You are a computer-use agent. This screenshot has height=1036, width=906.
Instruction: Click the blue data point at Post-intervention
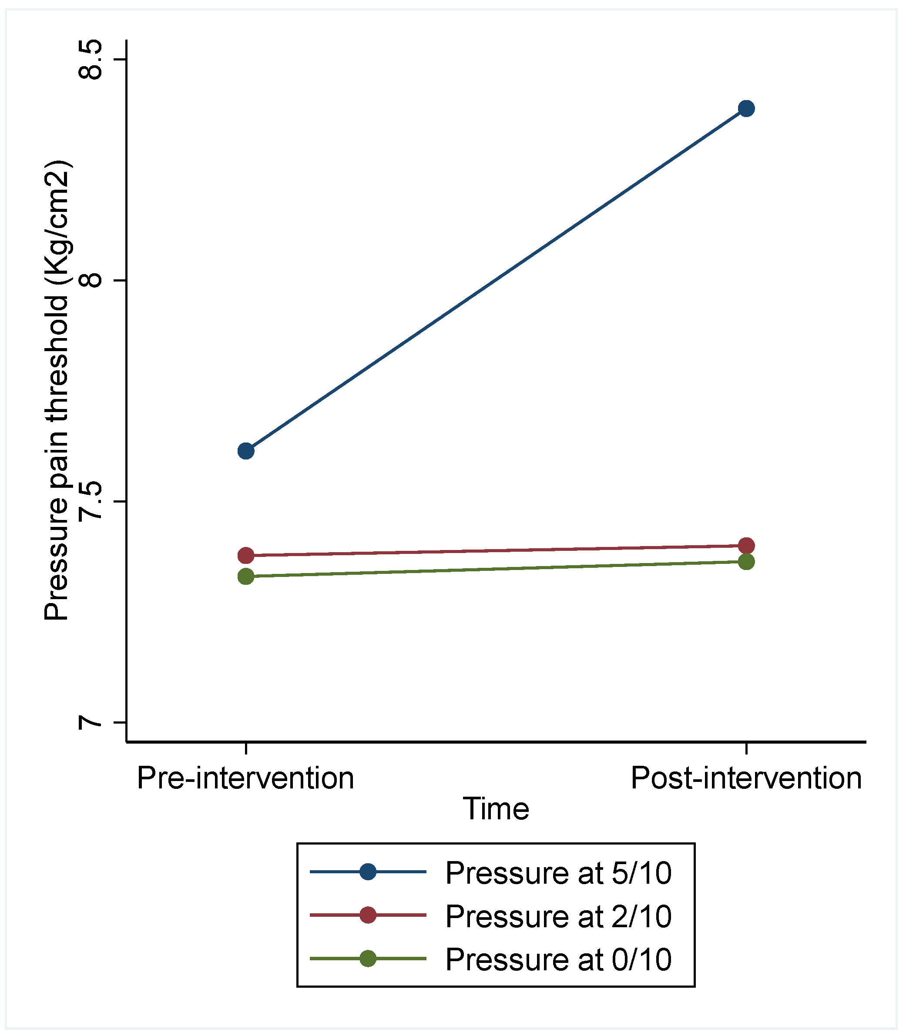pyautogui.click(x=746, y=108)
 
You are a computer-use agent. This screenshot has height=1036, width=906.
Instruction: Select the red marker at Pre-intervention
pyautogui.click(x=246, y=555)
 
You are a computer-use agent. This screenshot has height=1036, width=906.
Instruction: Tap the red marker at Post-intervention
pyautogui.click(x=746, y=546)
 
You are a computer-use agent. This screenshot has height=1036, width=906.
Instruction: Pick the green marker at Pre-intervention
pyautogui.click(x=246, y=576)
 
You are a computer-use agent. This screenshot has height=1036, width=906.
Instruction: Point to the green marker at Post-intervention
pyautogui.click(x=746, y=561)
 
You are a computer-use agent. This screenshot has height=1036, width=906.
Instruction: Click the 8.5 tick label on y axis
pyautogui.click(x=90, y=60)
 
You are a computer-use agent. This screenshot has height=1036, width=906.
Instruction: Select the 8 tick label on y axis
pyautogui.click(x=90, y=280)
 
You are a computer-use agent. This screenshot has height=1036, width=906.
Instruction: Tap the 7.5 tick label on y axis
pyautogui.click(x=90, y=501)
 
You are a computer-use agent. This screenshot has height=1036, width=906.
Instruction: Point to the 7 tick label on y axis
pyautogui.click(x=90, y=722)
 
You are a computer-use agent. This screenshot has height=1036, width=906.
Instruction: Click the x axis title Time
pyautogui.click(x=496, y=808)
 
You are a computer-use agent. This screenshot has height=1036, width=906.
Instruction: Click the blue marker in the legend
pyautogui.click(x=368, y=872)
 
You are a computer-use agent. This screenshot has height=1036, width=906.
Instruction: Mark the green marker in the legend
pyautogui.click(x=368, y=958)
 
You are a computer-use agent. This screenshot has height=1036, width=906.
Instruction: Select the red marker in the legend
pyautogui.click(x=368, y=915)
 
